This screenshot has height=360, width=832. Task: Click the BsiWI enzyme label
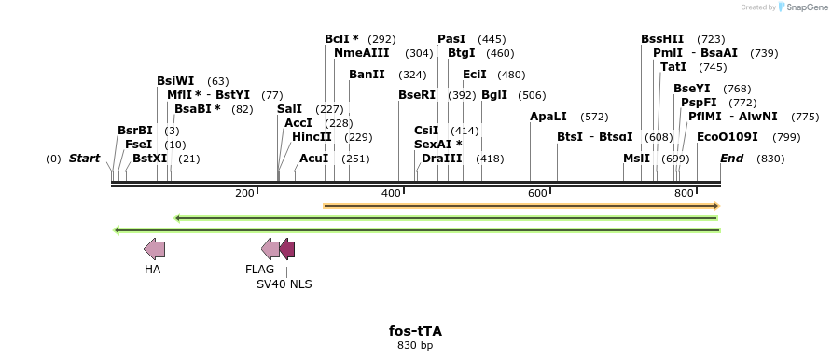(x=175, y=81)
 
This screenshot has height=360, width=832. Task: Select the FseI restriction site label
(x=138, y=145)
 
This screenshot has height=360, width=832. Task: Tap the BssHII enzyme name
(x=661, y=39)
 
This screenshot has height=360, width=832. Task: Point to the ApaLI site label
(x=548, y=117)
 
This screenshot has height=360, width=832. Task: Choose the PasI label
(x=451, y=39)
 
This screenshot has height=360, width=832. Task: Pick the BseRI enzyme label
(x=416, y=95)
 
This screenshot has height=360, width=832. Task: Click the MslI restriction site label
(x=636, y=159)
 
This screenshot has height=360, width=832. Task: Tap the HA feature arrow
(x=154, y=249)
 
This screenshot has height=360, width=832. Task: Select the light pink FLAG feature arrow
(x=270, y=249)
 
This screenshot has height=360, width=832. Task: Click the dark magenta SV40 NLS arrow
(x=287, y=249)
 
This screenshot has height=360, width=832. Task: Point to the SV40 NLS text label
(x=284, y=284)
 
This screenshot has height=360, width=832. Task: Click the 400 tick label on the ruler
(x=390, y=193)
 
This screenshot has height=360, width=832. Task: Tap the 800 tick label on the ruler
(x=683, y=193)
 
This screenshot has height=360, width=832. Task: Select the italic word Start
(x=84, y=159)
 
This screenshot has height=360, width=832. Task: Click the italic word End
(x=731, y=159)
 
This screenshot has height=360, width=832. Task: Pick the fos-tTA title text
(x=415, y=331)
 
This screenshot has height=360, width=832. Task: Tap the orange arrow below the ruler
(x=521, y=205)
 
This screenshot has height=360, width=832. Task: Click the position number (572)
(x=593, y=117)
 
